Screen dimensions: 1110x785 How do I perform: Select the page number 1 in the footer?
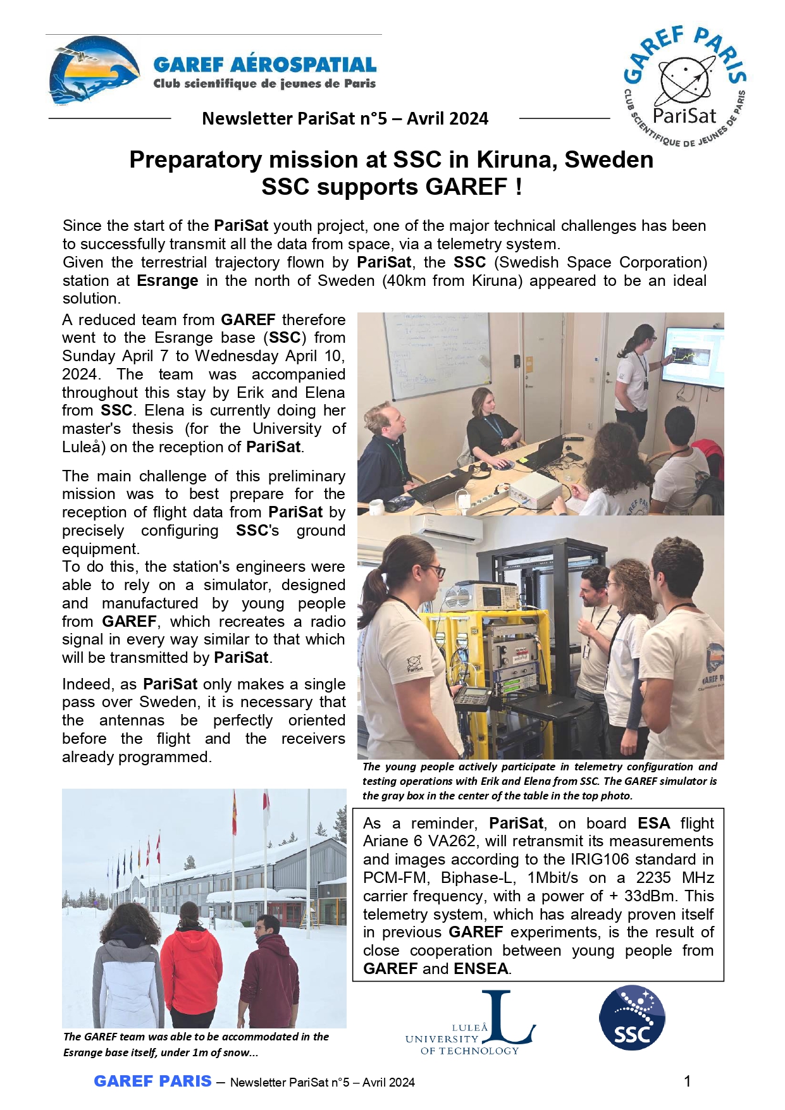click(688, 1081)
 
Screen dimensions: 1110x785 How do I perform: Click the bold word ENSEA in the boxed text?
click(481, 969)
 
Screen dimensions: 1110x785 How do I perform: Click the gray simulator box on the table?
click(535, 491)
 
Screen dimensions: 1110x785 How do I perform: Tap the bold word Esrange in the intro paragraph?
click(168, 281)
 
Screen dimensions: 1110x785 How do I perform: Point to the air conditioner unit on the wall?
click(443, 528)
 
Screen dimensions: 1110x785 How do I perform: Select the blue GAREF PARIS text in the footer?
click(152, 1081)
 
